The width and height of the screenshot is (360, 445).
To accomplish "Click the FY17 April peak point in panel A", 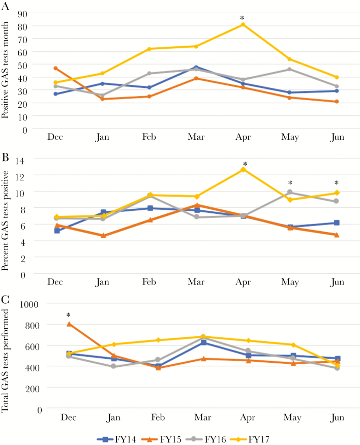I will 243,24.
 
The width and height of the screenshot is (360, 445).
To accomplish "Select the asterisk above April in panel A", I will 243,19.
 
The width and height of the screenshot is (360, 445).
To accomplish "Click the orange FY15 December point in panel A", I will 55,68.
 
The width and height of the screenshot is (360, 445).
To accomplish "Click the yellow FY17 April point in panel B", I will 243,169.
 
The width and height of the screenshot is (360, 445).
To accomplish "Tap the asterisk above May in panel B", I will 290,183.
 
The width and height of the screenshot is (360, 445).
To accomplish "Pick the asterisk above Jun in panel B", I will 337,183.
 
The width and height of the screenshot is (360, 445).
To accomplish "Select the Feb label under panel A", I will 149,137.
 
